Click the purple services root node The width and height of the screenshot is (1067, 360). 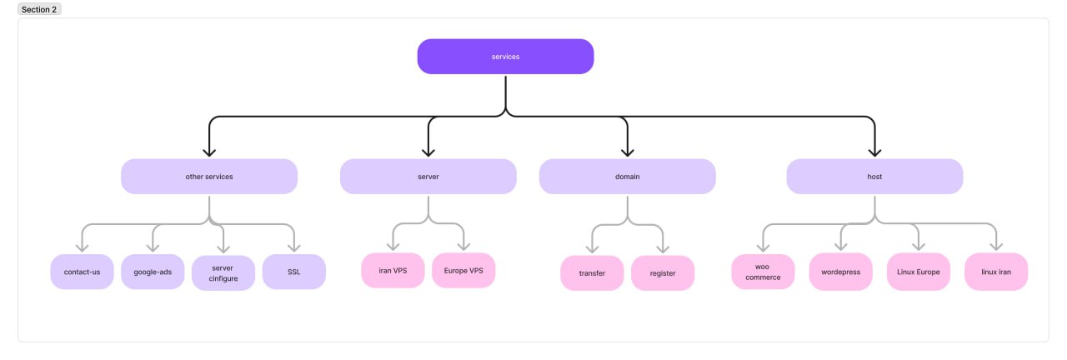[505, 57]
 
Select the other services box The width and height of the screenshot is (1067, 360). [209, 177]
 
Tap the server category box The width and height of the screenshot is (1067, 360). [428, 177]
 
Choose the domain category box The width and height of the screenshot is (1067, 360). [628, 177]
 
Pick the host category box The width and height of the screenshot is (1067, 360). [874, 177]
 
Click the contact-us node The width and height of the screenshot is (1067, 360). [82, 272]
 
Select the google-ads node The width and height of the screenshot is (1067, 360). [153, 272]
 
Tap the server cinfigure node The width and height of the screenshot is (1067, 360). [223, 273]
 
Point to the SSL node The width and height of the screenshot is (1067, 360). [294, 272]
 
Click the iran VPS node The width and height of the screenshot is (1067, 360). [393, 271]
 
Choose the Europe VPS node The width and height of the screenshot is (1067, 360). [463, 271]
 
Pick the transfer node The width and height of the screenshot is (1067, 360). [592, 273]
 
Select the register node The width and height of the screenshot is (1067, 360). [663, 273]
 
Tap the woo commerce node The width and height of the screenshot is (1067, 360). [763, 272]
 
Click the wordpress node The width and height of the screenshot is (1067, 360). [841, 272]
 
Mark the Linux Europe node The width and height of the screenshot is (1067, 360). [919, 272]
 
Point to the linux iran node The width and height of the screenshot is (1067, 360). [996, 272]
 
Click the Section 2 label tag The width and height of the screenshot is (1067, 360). [39, 9]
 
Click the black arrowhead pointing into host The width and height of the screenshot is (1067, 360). [874, 152]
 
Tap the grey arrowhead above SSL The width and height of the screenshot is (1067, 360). [294, 247]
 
